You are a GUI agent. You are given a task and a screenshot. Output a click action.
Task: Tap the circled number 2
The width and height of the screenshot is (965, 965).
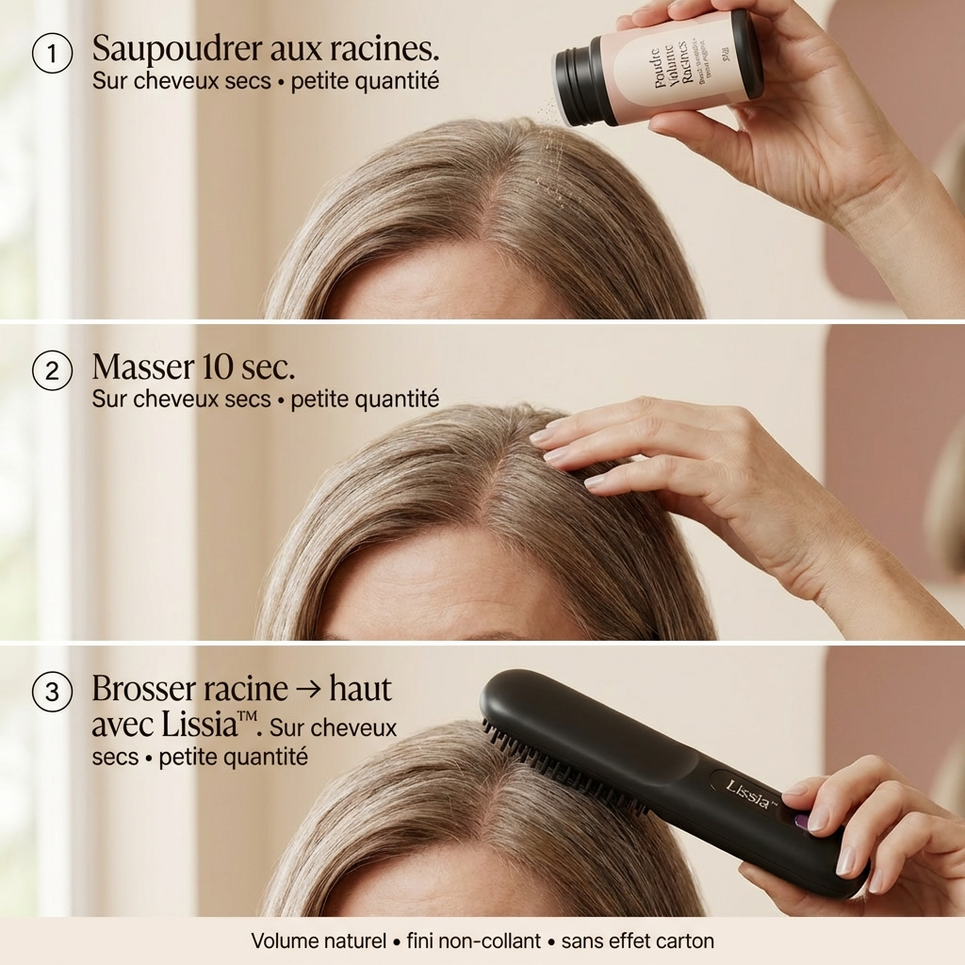coord(52,371)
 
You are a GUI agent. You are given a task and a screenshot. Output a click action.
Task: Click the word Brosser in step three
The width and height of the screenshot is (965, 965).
coord(142,689)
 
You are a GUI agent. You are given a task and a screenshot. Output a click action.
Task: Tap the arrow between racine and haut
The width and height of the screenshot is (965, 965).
coord(308,689)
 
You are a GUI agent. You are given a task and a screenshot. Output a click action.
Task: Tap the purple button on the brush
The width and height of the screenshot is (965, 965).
coord(801,822)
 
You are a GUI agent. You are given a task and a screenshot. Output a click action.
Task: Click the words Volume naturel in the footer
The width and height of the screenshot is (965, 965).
coord(319,940)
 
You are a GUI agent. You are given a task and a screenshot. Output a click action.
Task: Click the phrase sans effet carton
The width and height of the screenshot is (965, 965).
coord(638,940)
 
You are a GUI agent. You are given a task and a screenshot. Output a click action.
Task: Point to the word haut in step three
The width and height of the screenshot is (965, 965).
coord(361,689)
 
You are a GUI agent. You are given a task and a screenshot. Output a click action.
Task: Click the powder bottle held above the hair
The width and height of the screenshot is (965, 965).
coord(660,69)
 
